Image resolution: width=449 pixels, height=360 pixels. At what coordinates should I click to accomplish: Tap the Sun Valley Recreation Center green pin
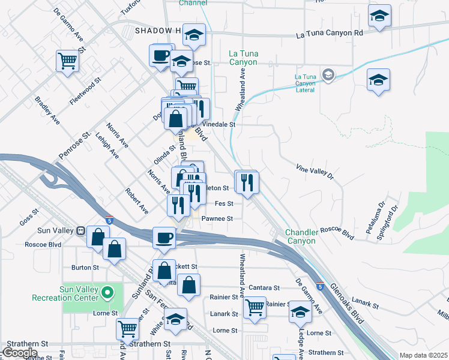(107, 293)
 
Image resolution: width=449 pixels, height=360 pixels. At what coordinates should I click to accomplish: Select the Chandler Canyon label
(300, 236)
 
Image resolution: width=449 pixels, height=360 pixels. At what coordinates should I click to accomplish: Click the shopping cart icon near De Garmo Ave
(68, 60)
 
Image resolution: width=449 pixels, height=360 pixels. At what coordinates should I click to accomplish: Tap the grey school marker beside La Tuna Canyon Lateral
(328, 75)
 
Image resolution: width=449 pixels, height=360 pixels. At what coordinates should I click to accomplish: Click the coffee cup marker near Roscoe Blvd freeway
(163, 238)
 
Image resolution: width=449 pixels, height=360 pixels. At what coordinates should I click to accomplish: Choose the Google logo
(20, 353)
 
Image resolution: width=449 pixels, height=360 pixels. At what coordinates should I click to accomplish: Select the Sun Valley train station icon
(80, 230)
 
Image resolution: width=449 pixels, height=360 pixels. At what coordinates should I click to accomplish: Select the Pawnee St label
(217, 218)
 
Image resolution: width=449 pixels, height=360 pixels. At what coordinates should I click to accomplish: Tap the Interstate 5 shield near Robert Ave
(109, 220)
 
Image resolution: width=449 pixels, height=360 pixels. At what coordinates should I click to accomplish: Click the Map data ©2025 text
(423, 355)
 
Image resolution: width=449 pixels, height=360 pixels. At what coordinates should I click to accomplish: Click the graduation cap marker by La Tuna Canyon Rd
(379, 17)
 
